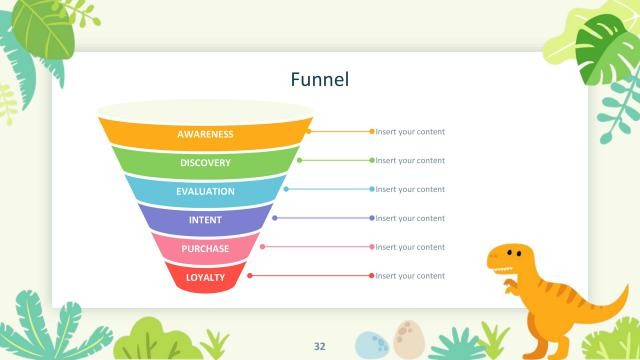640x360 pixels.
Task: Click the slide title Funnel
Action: [319, 79]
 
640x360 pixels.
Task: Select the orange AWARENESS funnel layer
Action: [205, 134]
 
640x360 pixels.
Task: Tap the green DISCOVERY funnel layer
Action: [205, 163]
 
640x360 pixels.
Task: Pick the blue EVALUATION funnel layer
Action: [205, 191]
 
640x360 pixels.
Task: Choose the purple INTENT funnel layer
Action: [205, 220]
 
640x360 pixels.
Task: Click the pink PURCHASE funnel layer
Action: [205, 248]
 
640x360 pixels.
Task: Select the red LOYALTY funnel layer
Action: [205, 277]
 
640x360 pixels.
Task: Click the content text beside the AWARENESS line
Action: [410, 132]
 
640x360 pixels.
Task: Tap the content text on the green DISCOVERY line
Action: [410, 160]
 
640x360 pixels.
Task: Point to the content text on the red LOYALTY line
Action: [410, 276]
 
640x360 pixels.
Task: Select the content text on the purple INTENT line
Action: [410, 218]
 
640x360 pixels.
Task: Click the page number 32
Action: [320, 346]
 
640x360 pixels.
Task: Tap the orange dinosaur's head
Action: [507, 259]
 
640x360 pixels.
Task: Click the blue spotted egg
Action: [371, 344]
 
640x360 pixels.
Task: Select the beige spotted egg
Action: [406, 338]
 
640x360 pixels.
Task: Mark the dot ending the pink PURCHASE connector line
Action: [372, 247]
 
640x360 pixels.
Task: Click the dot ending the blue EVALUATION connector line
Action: [372, 189]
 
